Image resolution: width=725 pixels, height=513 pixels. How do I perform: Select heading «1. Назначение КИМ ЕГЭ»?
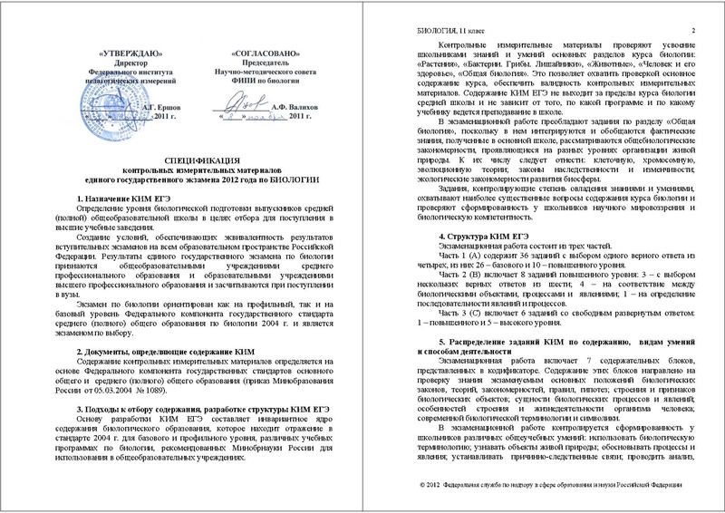coord(119,198)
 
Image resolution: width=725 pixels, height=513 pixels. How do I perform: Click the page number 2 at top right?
coord(691,33)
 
